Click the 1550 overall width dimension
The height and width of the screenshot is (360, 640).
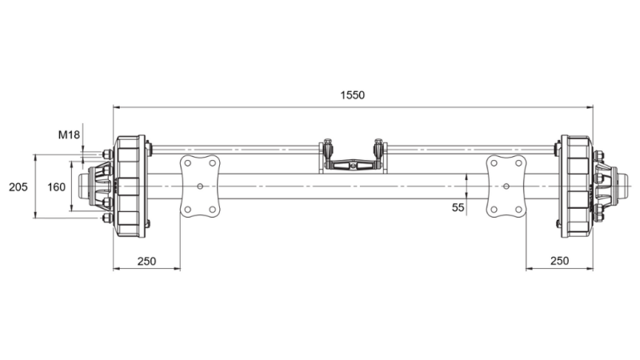tap(352, 94)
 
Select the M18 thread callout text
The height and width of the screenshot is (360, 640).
tap(69, 134)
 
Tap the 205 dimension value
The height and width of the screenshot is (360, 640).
tap(18, 186)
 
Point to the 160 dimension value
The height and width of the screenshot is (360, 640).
tap(56, 186)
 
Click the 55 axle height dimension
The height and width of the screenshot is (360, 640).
tap(458, 207)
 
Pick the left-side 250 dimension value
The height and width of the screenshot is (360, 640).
tap(146, 260)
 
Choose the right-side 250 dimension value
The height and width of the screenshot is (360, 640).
tap(559, 260)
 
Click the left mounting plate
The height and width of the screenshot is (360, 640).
tap(198, 186)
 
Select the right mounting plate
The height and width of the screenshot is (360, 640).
tap(506, 186)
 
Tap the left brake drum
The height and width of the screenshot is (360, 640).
tap(130, 186)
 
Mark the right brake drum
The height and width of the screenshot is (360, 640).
tap(576, 186)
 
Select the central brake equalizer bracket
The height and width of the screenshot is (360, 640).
tap(353, 162)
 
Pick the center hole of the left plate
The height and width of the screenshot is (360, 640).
tap(198, 186)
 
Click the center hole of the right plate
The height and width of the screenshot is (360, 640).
tap(506, 186)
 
